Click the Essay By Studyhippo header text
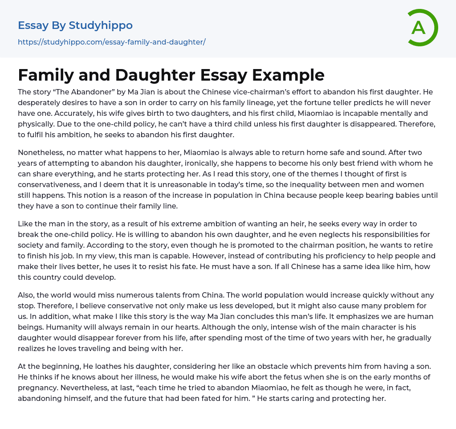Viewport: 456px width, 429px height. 75,25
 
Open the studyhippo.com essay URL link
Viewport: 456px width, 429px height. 112,42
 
